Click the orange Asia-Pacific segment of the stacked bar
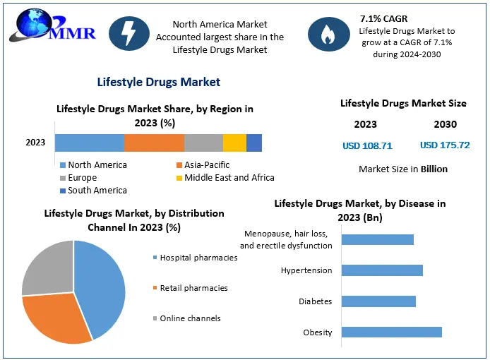[154, 143]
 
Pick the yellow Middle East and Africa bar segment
[234, 143]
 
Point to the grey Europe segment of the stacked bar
[203, 143]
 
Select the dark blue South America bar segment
[254, 143]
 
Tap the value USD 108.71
[367, 146]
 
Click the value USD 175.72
[445, 146]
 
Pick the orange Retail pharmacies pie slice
[56, 318]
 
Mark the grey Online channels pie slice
[46, 268]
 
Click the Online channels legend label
[190, 318]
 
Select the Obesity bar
[391, 332]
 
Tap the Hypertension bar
[382, 270]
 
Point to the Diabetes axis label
[315, 301]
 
